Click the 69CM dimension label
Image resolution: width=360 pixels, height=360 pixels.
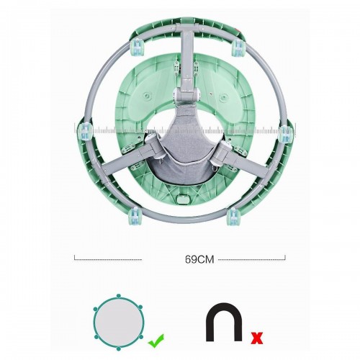pyautogui.click(x=199, y=259)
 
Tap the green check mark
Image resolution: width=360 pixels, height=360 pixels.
pyautogui.click(x=156, y=341)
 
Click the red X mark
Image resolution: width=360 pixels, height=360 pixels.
pyautogui.click(x=256, y=338)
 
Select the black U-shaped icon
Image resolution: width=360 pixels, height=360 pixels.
pyautogui.click(x=224, y=322)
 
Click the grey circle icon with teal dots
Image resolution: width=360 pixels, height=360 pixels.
pyautogui.click(x=119, y=321)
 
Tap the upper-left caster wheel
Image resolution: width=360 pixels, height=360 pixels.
pyautogui.click(x=136, y=47)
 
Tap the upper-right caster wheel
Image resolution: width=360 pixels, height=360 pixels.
pyautogui.click(x=238, y=48)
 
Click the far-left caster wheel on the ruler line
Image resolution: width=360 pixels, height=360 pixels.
pyautogui.click(x=85, y=131)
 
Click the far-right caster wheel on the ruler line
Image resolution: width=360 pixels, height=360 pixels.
pyautogui.click(x=285, y=134)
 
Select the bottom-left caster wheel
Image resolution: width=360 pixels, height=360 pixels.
pyautogui.click(x=135, y=215)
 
